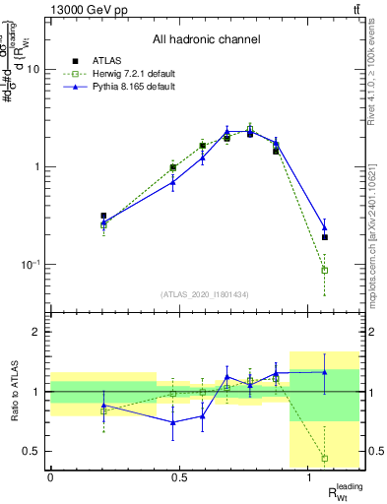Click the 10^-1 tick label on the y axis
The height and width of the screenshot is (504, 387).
pyautogui.click(x=32, y=264)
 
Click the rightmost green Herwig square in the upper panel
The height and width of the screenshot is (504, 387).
pyautogui.click(x=325, y=270)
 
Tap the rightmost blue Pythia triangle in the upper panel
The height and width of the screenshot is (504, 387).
pyautogui.click(x=325, y=227)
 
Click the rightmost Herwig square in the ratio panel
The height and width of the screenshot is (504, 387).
pyautogui.click(x=325, y=458)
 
